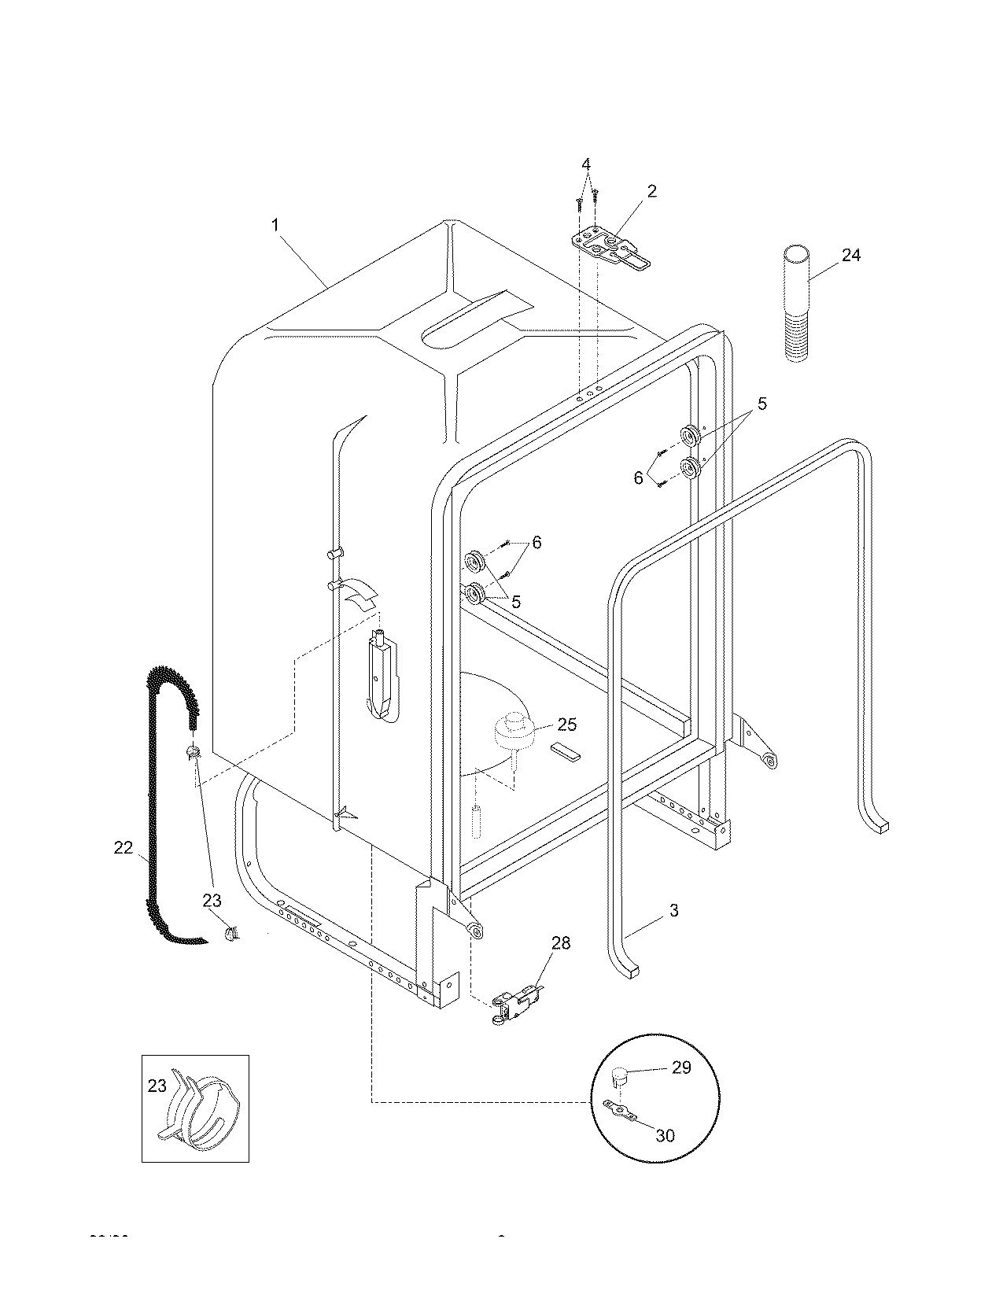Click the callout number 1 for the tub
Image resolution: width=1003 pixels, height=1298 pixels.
pyautogui.click(x=275, y=225)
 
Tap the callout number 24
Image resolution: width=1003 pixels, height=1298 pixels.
pyautogui.click(x=851, y=255)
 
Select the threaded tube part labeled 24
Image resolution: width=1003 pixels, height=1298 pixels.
pyautogui.click(x=797, y=303)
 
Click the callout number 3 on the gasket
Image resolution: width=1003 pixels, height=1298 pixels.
pyautogui.click(x=673, y=911)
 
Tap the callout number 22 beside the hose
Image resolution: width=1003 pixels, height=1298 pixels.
pyautogui.click(x=124, y=847)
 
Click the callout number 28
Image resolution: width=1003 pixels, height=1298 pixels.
pyautogui.click(x=561, y=942)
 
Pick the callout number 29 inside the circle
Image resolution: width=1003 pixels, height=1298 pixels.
pyautogui.click(x=681, y=1067)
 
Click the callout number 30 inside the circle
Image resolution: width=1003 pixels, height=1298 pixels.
pyautogui.click(x=665, y=1136)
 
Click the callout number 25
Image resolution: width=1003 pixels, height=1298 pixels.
pyautogui.click(x=567, y=725)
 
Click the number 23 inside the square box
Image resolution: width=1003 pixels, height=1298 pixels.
pyautogui.click(x=157, y=1086)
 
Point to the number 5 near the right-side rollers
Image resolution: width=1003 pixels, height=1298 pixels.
pyautogui.click(x=761, y=404)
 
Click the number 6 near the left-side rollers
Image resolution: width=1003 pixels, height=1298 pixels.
pyautogui.click(x=537, y=542)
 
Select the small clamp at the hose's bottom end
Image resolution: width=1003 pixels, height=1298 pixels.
pyautogui.click(x=230, y=934)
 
